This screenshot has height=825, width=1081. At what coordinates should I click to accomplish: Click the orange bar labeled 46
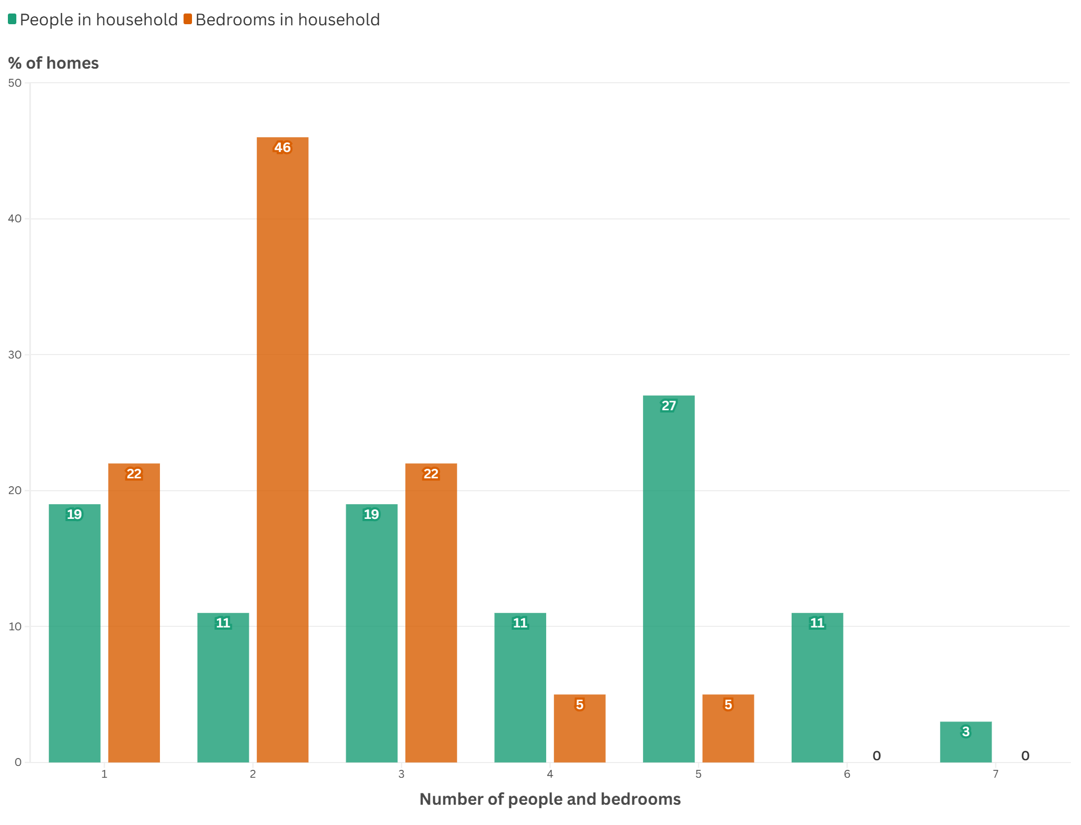coord(282,450)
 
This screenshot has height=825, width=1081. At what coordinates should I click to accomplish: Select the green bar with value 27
coord(668,580)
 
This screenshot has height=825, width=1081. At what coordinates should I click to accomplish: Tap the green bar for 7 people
coord(966,746)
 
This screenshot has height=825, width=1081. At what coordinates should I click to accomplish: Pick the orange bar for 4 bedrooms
coord(579,732)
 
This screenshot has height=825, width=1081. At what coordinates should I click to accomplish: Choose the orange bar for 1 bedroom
coord(134,613)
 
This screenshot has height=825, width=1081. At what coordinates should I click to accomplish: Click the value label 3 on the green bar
coord(966,732)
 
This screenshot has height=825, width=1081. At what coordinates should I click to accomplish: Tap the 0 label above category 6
coord(877,756)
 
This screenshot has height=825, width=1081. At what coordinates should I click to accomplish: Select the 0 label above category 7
coord(1025,756)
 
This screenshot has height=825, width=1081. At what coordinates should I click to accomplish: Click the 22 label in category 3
coord(431,474)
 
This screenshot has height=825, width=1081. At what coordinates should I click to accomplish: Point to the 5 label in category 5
coord(728,705)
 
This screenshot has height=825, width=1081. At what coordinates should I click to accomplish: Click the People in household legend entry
coord(93,20)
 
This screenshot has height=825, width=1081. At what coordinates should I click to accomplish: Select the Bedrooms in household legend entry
coord(282,20)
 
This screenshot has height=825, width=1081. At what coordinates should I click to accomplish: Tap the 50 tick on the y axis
coord(15,83)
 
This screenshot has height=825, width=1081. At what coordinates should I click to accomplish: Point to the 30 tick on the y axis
coord(15,355)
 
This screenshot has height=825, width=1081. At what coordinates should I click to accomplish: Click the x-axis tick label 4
coord(550,774)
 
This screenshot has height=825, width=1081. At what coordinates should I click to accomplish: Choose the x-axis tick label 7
coord(995,774)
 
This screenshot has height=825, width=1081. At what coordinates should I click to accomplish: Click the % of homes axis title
coord(53,63)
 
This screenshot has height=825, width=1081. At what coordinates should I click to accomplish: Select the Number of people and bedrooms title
coord(550,799)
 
